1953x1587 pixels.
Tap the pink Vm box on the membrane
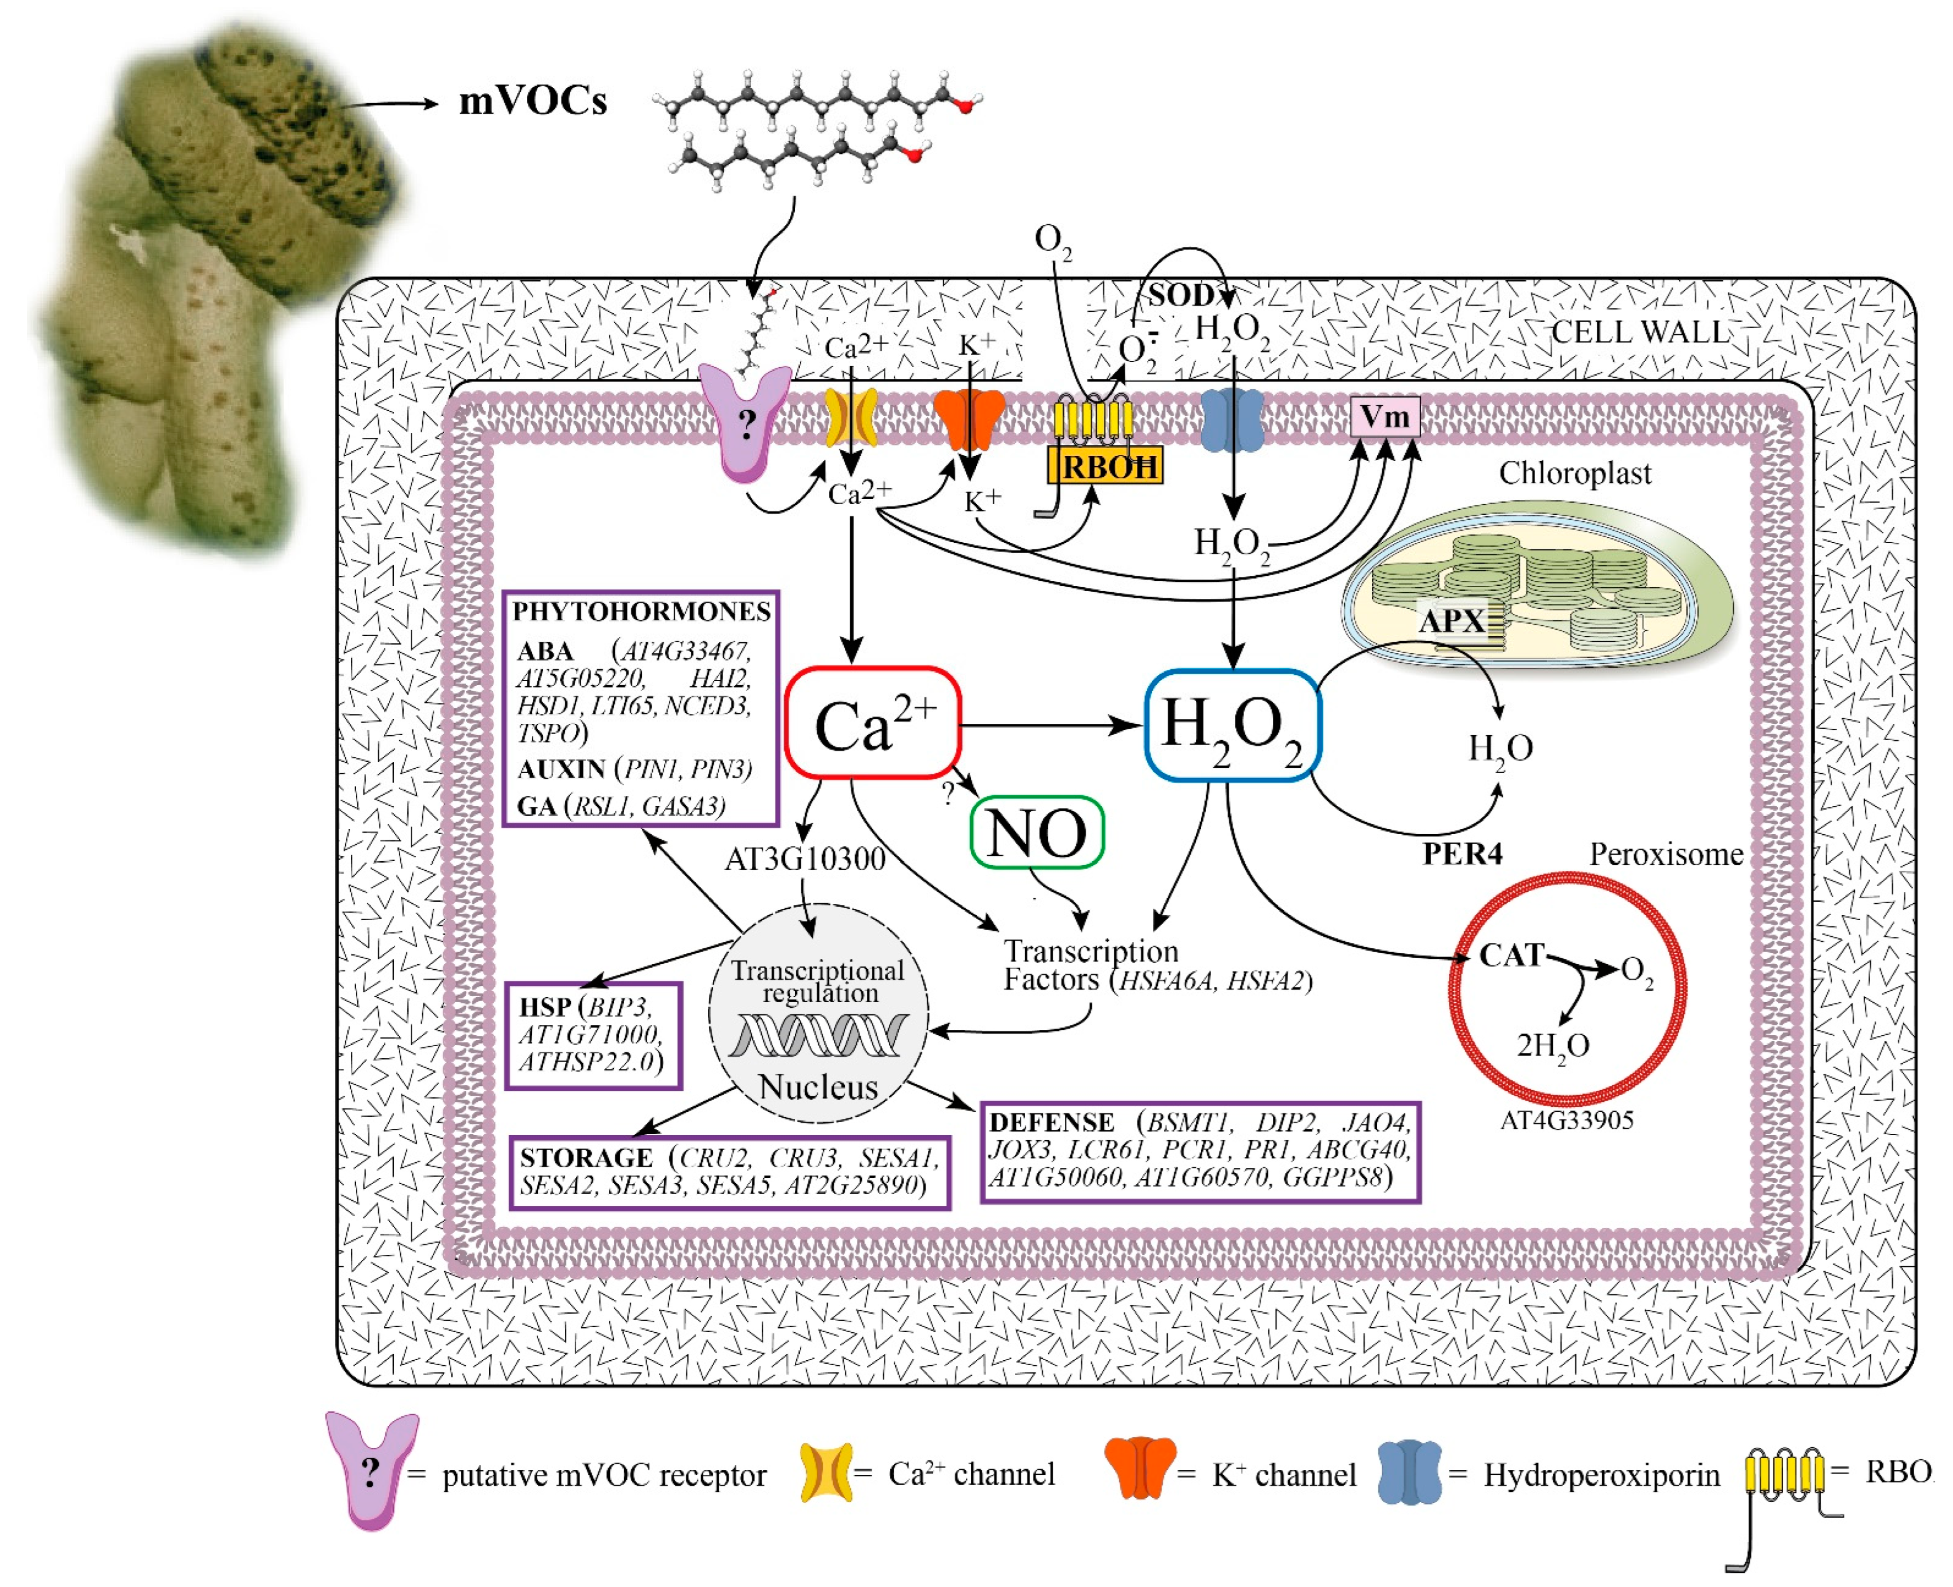[1385, 417]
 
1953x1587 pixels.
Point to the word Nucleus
[818, 1087]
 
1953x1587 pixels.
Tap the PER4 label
[1462, 854]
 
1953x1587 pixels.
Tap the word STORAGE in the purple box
[586, 1157]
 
